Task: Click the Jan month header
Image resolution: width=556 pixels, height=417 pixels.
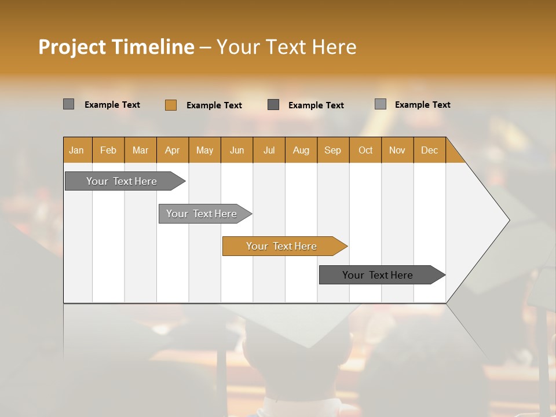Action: [x=76, y=150]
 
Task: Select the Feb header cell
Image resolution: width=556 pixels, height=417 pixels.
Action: [x=108, y=150]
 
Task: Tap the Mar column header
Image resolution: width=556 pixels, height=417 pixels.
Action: [x=140, y=150]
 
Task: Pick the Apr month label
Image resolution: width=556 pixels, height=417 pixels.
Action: [x=173, y=150]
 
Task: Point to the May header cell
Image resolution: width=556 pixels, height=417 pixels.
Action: [x=204, y=150]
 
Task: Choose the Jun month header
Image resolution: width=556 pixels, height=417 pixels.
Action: [x=237, y=150]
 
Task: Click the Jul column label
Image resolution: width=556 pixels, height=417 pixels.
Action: [x=269, y=150]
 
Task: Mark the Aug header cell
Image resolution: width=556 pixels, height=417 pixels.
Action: [x=301, y=150]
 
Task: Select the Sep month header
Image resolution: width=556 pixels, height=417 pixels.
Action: [x=333, y=150]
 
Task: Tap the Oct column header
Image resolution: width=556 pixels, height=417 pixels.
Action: [x=365, y=150]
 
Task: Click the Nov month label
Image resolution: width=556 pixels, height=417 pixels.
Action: [x=397, y=150]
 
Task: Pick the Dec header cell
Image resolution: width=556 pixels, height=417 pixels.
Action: [x=430, y=150]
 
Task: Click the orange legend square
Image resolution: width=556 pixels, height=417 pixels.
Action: [x=170, y=105]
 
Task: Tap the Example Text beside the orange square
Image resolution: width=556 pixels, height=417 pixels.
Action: [x=214, y=105]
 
